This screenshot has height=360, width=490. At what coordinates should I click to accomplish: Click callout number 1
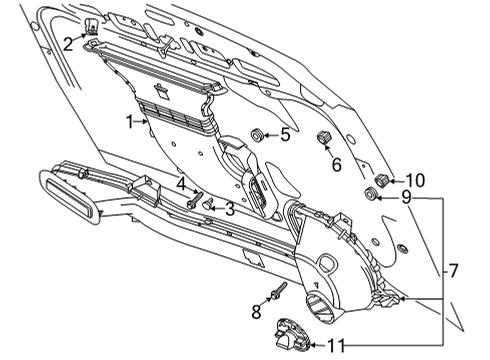(129, 120)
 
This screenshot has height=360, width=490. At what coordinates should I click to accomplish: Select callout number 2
(68, 43)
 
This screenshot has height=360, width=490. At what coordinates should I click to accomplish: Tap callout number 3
(229, 208)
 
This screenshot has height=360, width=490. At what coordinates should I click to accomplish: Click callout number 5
(285, 133)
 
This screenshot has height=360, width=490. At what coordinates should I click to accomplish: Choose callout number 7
(453, 270)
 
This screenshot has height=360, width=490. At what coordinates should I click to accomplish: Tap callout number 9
(405, 197)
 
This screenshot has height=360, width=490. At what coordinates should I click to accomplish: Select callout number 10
(415, 180)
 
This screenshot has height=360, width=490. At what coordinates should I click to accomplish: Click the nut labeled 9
(373, 195)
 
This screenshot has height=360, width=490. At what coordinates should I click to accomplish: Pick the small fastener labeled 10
(382, 179)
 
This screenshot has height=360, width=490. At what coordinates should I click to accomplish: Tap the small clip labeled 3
(209, 206)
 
